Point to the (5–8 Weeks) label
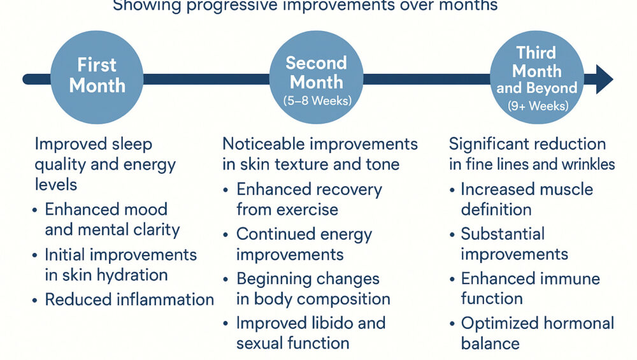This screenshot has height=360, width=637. (316, 100)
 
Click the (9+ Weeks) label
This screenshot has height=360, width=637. (536, 106)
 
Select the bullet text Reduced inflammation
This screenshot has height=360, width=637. (129, 299)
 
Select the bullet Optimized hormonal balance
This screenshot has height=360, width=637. (536, 333)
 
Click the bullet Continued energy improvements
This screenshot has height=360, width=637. (304, 244)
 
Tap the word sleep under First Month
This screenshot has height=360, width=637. (131, 144)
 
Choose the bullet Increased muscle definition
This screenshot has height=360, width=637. (526, 199)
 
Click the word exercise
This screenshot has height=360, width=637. (304, 209)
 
